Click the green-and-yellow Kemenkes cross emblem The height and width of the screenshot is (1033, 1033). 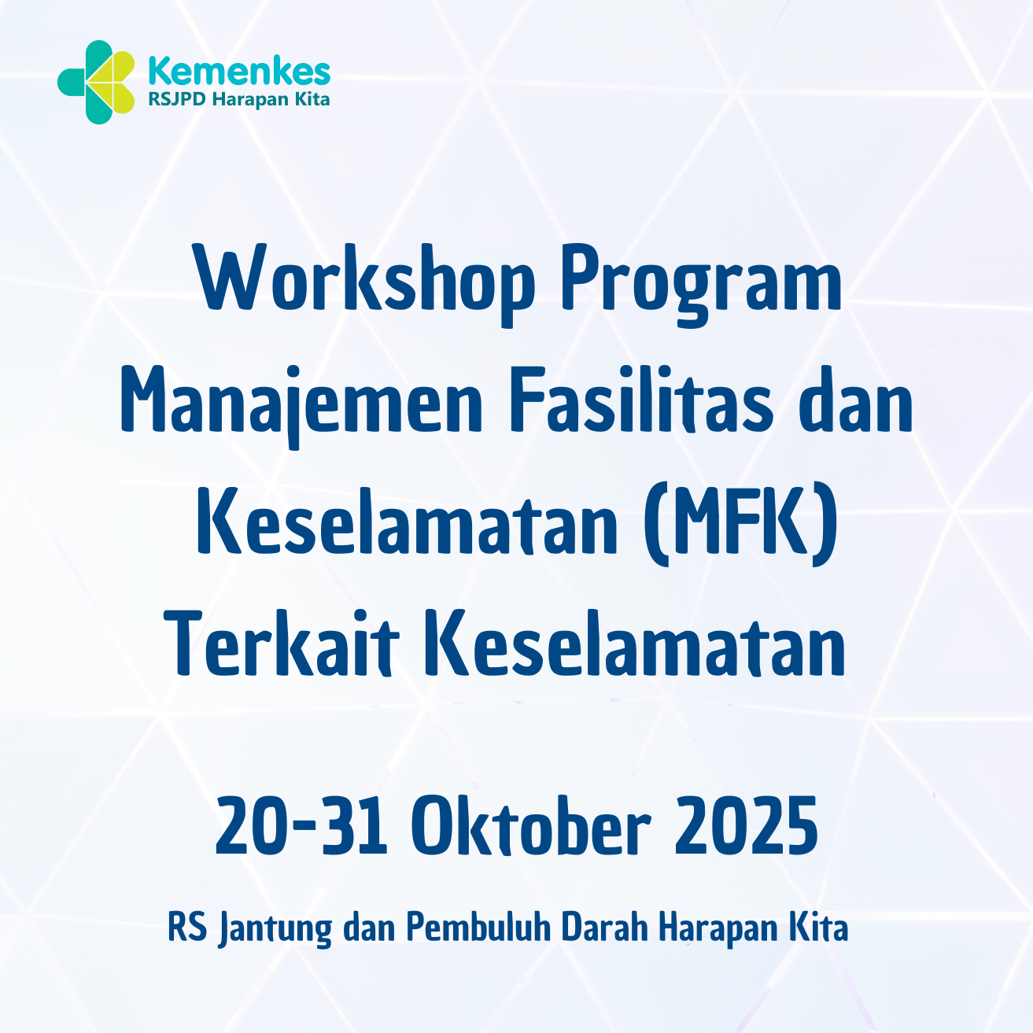click(x=96, y=82)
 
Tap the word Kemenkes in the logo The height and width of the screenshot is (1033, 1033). click(x=239, y=72)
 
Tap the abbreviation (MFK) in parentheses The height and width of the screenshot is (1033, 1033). click(x=740, y=525)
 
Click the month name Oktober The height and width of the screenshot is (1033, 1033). click(x=532, y=826)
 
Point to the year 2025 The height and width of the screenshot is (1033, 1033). click(x=746, y=826)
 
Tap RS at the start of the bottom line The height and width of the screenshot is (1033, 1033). click(x=187, y=928)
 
